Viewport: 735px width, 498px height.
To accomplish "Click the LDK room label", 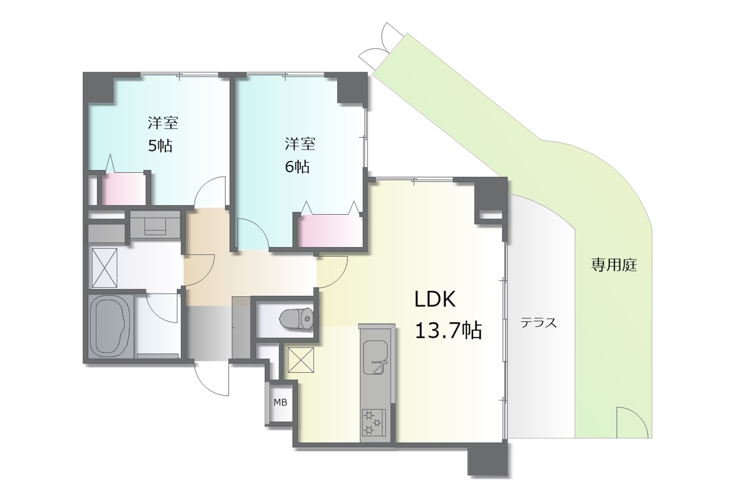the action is tap(435, 299).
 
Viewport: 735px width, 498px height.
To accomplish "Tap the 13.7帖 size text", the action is tap(448, 330).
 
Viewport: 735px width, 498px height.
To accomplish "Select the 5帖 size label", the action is tap(160, 145).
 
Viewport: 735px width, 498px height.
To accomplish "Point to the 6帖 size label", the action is tap(297, 167).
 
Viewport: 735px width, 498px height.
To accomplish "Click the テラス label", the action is tap(539, 323).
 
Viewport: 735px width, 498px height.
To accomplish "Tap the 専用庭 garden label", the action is tap(614, 265).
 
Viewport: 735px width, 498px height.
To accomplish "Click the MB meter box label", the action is tap(280, 402).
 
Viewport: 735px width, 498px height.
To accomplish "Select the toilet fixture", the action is tap(296, 318).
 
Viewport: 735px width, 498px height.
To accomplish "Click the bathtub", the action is tap(109, 326).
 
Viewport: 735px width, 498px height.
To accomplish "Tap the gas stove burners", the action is tap(374, 422).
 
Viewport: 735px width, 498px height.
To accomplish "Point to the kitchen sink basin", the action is tap(376, 357).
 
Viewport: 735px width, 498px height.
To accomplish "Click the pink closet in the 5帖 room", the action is tap(123, 189).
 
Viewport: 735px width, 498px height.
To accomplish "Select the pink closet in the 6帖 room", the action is tap(330, 231).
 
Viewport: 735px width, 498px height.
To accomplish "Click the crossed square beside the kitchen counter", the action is tap(301, 360).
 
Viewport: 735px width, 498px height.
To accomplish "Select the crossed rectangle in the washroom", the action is tap(105, 268).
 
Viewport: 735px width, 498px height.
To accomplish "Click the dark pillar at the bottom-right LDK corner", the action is tap(488, 458).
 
